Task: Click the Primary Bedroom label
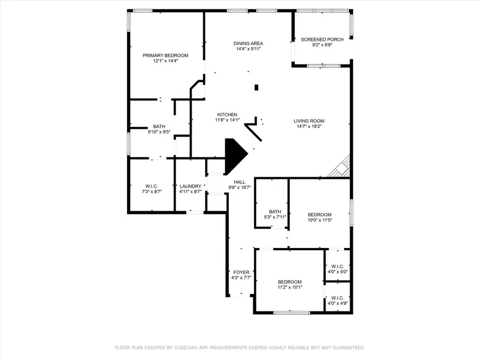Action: point(165,55)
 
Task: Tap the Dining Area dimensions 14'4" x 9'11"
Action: point(248,49)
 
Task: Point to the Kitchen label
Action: point(227,115)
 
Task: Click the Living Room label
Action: point(309,121)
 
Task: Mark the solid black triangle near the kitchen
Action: point(235,156)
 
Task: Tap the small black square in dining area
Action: point(257,87)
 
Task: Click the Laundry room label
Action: point(190,186)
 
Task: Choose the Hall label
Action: point(239,182)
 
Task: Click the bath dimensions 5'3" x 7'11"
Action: point(275,217)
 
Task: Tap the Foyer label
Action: point(241,272)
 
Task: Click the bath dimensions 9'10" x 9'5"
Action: point(159,132)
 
